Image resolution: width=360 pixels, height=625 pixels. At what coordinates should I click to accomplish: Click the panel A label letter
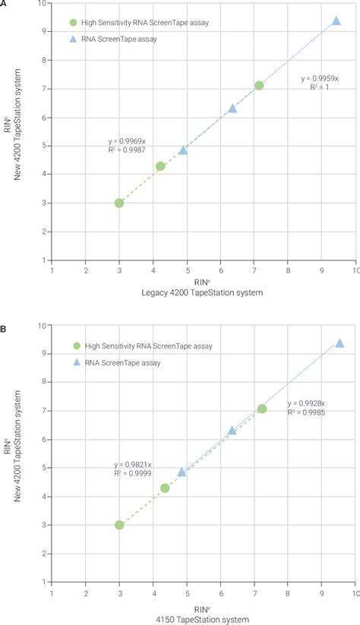pos(4,4)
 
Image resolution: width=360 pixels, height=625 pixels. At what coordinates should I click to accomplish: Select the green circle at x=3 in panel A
pos(119,203)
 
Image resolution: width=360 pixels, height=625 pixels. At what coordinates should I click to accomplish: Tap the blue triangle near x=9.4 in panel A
pos(336,21)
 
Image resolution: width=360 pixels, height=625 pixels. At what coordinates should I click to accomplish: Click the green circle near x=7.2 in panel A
pos(259,86)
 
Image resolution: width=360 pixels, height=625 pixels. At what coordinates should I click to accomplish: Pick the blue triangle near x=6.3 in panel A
pos(232,109)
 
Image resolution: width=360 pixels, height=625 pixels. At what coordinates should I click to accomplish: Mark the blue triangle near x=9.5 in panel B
pos(339,343)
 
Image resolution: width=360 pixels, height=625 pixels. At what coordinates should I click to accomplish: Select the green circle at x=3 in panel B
pos(119,525)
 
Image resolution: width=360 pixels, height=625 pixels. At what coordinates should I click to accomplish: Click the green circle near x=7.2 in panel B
pos(262,409)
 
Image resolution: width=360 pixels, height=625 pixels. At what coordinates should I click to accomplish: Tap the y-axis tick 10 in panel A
pos(43,4)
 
